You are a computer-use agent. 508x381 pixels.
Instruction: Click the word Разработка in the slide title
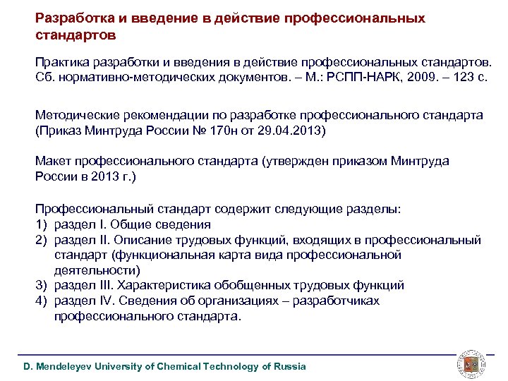point(71,18)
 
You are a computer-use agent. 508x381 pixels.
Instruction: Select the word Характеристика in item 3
point(164,286)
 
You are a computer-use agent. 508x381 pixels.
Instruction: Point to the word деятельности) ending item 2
point(97,270)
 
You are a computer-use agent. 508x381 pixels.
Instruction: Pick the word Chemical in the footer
point(179,366)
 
